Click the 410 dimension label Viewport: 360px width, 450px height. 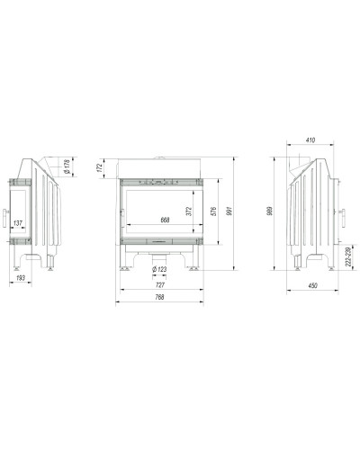[x=310, y=139]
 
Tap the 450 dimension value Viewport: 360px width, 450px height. [x=312, y=285]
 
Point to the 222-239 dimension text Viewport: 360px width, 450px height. [x=347, y=256]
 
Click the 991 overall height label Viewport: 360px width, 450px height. [x=229, y=211]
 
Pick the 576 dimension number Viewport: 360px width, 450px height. [x=213, y=211]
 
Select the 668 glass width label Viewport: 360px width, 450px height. [x=165, y=220]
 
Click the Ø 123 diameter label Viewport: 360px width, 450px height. [x=159, y=269]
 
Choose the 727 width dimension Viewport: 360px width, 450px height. [x=160, y=284]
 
